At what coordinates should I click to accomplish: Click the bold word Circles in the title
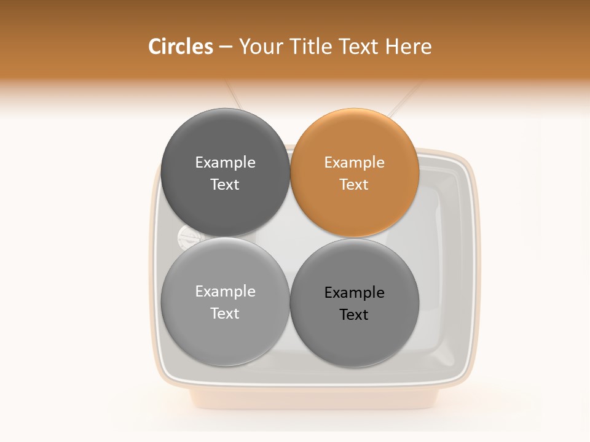pos(181,47)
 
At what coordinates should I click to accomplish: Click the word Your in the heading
pos(259,47)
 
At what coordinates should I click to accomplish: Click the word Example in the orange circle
pos(355,163)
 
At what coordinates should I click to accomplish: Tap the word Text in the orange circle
pos(355,185)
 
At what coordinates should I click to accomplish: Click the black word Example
pos(355,293)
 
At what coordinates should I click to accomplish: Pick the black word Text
pos(355,315)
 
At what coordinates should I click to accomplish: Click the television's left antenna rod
pos(234,96)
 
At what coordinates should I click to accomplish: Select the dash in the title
pos(226,47)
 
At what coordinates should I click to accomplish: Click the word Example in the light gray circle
pos(226,292)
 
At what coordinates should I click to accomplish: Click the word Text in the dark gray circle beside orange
pos(226,185)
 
